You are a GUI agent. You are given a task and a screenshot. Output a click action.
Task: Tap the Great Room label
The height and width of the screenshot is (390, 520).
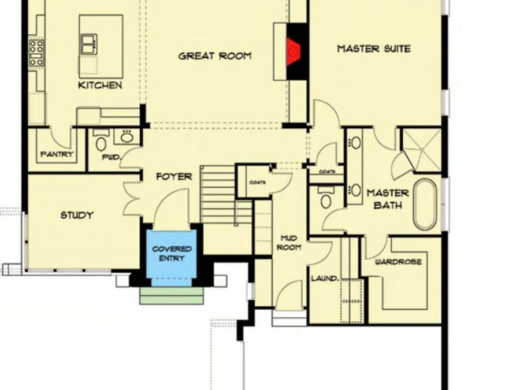click(215, 55)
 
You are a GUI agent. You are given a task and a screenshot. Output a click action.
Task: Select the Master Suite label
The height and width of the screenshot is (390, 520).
click(374, 49)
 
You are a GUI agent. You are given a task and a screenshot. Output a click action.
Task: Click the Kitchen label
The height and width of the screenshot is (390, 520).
click(100, 86)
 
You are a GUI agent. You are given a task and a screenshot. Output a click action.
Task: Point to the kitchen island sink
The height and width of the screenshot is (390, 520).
click(89, 43)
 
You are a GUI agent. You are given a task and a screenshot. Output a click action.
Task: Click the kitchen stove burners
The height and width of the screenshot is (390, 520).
click(36, 53)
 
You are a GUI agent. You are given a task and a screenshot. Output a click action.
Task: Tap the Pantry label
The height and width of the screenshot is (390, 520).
click(57, 154)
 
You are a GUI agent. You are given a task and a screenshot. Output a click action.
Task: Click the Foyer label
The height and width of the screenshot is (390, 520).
click(174, 176)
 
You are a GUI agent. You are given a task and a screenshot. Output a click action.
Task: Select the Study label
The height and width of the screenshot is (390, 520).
click(77, 216)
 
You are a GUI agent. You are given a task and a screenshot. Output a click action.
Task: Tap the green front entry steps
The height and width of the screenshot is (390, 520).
click(171, 295)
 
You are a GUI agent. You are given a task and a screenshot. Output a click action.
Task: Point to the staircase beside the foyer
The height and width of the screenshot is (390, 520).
click(226, 195)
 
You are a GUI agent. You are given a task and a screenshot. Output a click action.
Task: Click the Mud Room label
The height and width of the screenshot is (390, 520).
click(289, 243)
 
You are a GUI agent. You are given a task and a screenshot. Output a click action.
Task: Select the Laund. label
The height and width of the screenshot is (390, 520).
click(325, 278)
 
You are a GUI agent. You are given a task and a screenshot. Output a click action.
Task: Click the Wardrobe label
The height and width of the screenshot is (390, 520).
click(398, 262)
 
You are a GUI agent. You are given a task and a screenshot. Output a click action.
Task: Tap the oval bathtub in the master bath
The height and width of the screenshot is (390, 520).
click(425, 205)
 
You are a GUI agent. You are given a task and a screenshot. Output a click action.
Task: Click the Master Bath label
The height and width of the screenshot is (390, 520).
click(388, 199)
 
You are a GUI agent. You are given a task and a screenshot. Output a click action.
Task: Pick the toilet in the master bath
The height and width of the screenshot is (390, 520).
click(326, 198)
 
